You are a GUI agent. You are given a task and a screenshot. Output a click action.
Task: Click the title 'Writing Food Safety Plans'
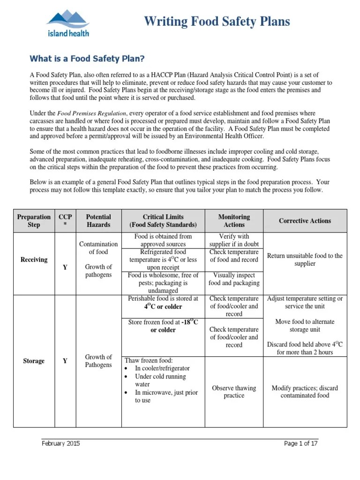click(217, 22)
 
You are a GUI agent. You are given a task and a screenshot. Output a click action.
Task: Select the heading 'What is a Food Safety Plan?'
click(87, 59)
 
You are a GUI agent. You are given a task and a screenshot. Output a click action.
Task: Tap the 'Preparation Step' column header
click(34, 221)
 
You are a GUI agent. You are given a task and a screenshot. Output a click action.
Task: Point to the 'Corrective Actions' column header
click(305, 221)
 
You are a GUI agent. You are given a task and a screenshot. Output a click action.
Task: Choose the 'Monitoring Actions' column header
click(234, 221)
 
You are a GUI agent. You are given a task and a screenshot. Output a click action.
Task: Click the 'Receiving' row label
click(34, 260)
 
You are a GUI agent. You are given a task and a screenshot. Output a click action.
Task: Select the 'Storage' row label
click(34, 361)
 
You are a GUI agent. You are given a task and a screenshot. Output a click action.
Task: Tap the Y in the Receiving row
click(65, 267)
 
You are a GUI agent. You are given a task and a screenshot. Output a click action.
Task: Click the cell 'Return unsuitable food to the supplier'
click(305, 260)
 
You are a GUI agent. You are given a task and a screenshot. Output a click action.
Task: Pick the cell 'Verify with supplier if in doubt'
click(234, 240)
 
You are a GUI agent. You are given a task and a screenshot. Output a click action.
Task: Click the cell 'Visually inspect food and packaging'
click(234, 279)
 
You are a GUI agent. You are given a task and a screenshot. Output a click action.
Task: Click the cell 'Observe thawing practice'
click(234, 391)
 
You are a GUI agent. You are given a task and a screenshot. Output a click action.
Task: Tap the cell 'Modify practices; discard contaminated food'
click(305, 391)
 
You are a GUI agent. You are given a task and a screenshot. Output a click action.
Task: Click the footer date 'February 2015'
click(60, 443)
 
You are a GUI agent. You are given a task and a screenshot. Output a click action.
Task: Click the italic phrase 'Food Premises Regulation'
click(92, 113)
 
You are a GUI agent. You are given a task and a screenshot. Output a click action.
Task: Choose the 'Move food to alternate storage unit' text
click(305, 325)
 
